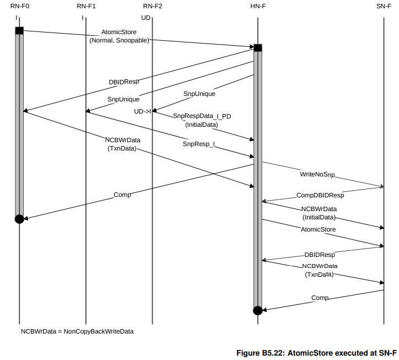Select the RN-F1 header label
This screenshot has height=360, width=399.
86,6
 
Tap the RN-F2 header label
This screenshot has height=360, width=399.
152,6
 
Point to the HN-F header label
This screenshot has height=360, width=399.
257,6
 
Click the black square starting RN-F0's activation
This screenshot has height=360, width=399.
19,30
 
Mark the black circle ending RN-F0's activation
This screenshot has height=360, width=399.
19,219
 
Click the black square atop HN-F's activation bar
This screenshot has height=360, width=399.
257,47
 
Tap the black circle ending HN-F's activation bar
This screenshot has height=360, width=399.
257,310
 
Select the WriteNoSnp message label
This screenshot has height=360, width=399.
317,174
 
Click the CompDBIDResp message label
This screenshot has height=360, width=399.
320,195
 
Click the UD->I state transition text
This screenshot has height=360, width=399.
142,111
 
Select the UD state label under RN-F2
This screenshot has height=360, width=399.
146,18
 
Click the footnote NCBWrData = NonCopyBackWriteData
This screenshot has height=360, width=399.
77,331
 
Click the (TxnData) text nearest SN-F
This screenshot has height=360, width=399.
320,274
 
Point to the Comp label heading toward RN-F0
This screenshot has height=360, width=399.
122,195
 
